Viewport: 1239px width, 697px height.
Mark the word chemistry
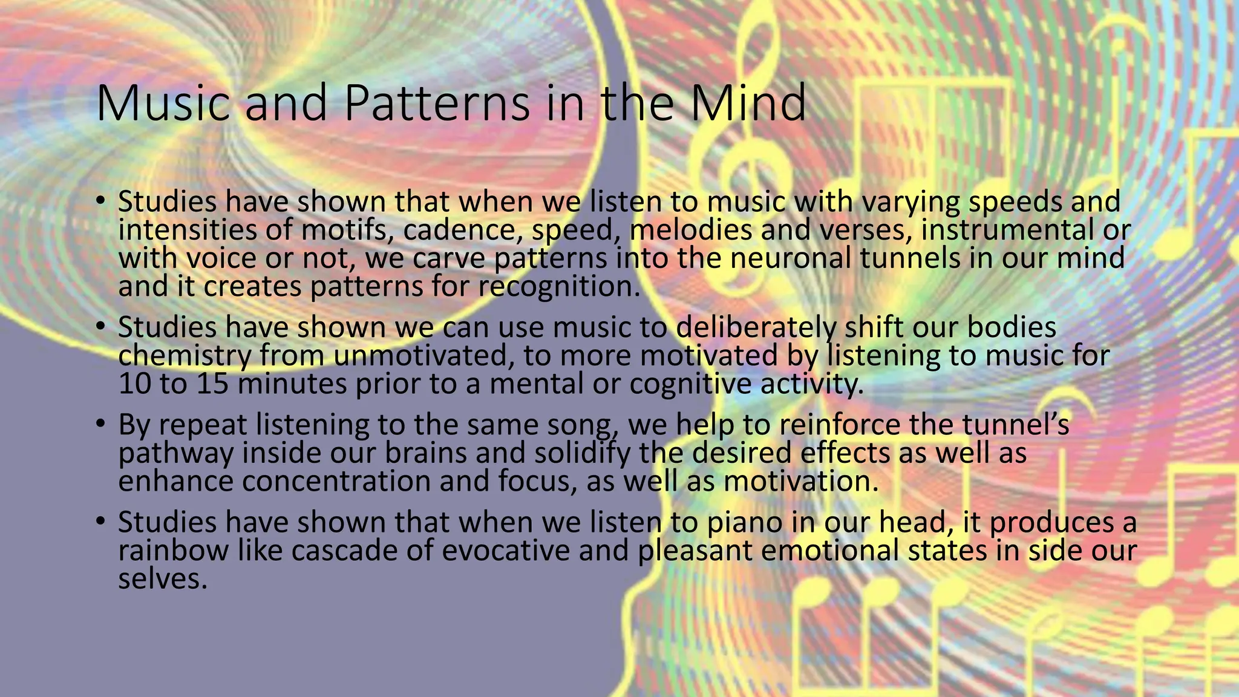184,356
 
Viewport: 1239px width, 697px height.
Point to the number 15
212,384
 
